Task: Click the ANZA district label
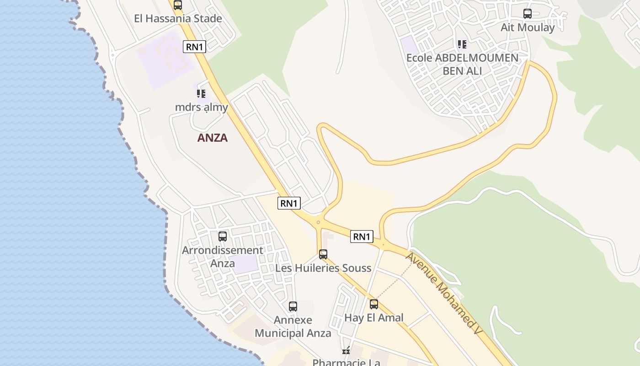212,138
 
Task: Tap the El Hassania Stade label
178,19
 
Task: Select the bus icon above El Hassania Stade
178,5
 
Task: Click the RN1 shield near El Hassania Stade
194,46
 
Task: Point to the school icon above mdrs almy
201,94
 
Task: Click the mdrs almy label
201,107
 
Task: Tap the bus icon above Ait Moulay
528,14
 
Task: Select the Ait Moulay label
528,27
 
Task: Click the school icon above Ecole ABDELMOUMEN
462,44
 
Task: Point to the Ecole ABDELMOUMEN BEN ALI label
462,65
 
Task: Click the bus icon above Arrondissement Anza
223,237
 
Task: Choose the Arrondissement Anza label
223,257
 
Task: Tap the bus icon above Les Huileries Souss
323,254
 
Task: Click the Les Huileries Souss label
323,268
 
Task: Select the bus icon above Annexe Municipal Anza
293,307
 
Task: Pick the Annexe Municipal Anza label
293,327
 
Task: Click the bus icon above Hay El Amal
374,304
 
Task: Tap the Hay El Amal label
374,318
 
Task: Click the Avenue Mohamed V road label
444,293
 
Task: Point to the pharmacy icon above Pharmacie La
346,351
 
